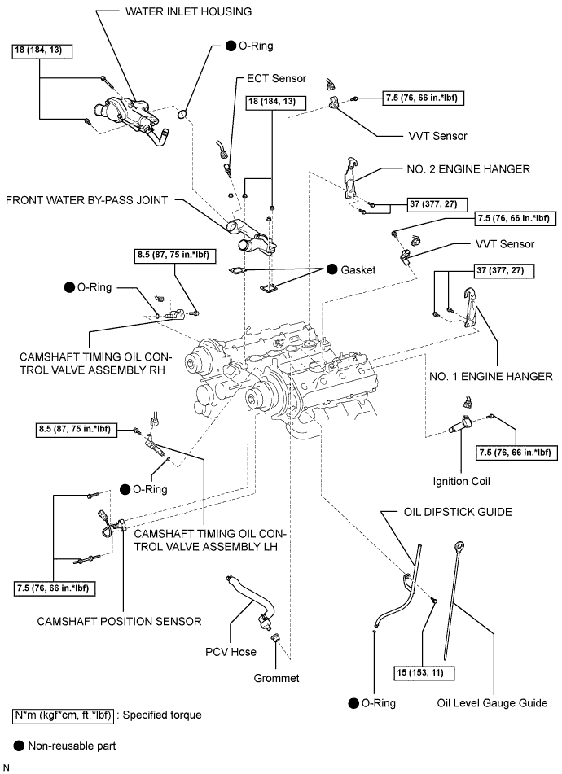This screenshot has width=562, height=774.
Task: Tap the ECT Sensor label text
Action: coord(276,79)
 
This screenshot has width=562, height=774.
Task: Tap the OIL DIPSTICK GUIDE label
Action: coord(458,512)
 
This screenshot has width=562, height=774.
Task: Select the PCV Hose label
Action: coord(231,652)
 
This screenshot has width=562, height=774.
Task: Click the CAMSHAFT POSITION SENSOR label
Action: coord(119,621)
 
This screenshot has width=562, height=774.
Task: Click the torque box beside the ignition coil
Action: coord(512,452)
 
